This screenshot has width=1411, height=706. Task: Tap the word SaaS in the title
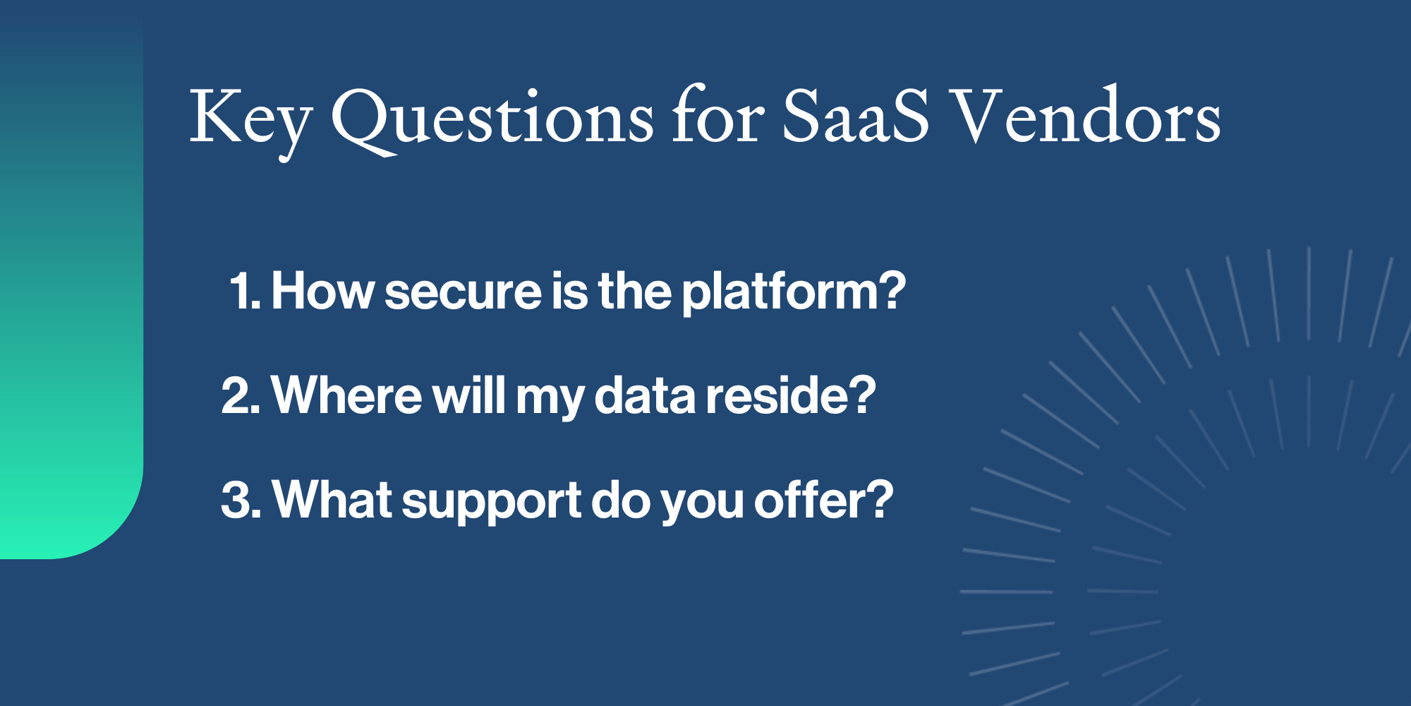(x=855, y=117)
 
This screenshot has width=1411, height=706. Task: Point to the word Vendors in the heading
(x=1087, y=117)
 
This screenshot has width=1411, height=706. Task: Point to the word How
(x=322, y=291)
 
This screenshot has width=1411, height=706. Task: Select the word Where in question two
(x=346, y=395)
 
